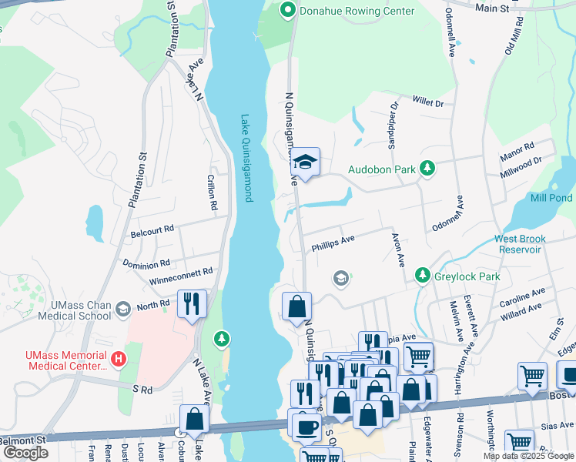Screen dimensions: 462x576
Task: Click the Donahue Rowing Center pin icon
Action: [x=288, y=11]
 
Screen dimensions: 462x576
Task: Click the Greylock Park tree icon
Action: [x=421, y=276]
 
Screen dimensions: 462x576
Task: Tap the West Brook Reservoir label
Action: [x=530, y=244]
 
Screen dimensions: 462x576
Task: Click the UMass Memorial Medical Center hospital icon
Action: [x=118, y=359]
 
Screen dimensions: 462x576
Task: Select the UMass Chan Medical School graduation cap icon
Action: [x=122, y=309]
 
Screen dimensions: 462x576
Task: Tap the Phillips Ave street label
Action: [x=333, y=244]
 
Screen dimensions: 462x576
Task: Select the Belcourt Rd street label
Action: [x=152, y=229]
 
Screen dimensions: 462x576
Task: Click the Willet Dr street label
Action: [x=428, y=102]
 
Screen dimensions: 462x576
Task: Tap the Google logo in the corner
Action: [x=26, y=453]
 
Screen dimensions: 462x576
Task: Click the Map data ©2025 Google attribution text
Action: [x=528, y=456]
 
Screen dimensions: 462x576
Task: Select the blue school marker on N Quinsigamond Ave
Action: [x=306, y=162]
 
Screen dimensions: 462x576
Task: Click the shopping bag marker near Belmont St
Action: [x=194, y=420]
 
